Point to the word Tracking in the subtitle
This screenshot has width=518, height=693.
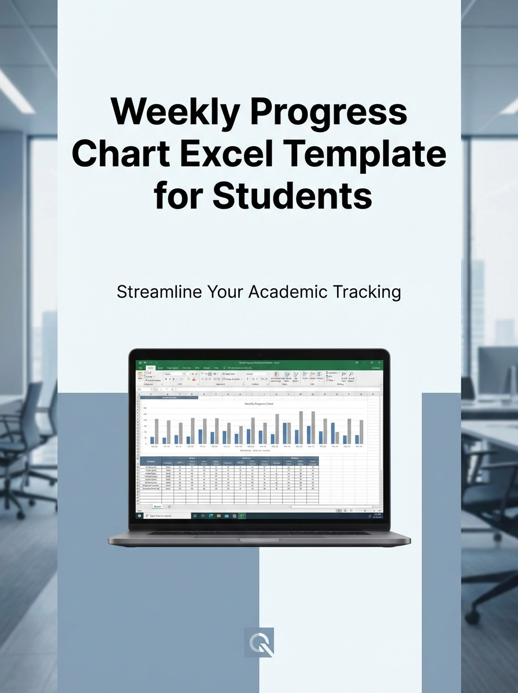[x=367, y=292]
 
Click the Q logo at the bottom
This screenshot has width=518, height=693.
[x=259, y=642]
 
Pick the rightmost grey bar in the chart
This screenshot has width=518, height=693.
[x=362, y=431]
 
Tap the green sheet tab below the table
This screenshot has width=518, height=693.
[x=156, y=506]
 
